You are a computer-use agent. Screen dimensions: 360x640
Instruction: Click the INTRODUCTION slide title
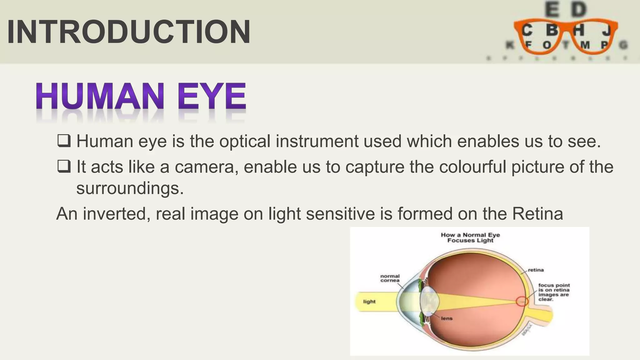128,32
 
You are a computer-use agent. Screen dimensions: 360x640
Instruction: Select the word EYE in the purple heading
212,97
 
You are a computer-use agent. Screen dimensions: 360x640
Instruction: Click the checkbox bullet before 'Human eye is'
64,141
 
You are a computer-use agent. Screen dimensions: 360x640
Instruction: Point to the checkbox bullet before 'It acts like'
64,166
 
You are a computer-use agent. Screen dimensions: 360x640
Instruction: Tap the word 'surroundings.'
130,188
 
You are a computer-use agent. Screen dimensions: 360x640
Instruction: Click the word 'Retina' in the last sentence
537,214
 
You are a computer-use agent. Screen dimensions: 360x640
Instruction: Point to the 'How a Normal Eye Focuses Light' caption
470,237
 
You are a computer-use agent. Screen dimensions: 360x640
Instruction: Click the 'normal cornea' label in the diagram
390,278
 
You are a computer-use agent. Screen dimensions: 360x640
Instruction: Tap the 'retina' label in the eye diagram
536,270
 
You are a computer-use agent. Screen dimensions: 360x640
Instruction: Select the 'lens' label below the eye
447,318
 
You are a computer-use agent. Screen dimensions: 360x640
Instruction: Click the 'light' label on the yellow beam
369,302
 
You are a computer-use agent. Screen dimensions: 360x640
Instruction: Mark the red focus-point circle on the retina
522,302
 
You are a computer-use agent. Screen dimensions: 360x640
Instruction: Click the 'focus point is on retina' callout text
554,292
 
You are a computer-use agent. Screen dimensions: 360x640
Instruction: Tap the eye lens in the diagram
430,301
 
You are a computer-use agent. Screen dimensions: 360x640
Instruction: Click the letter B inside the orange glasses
552,30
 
